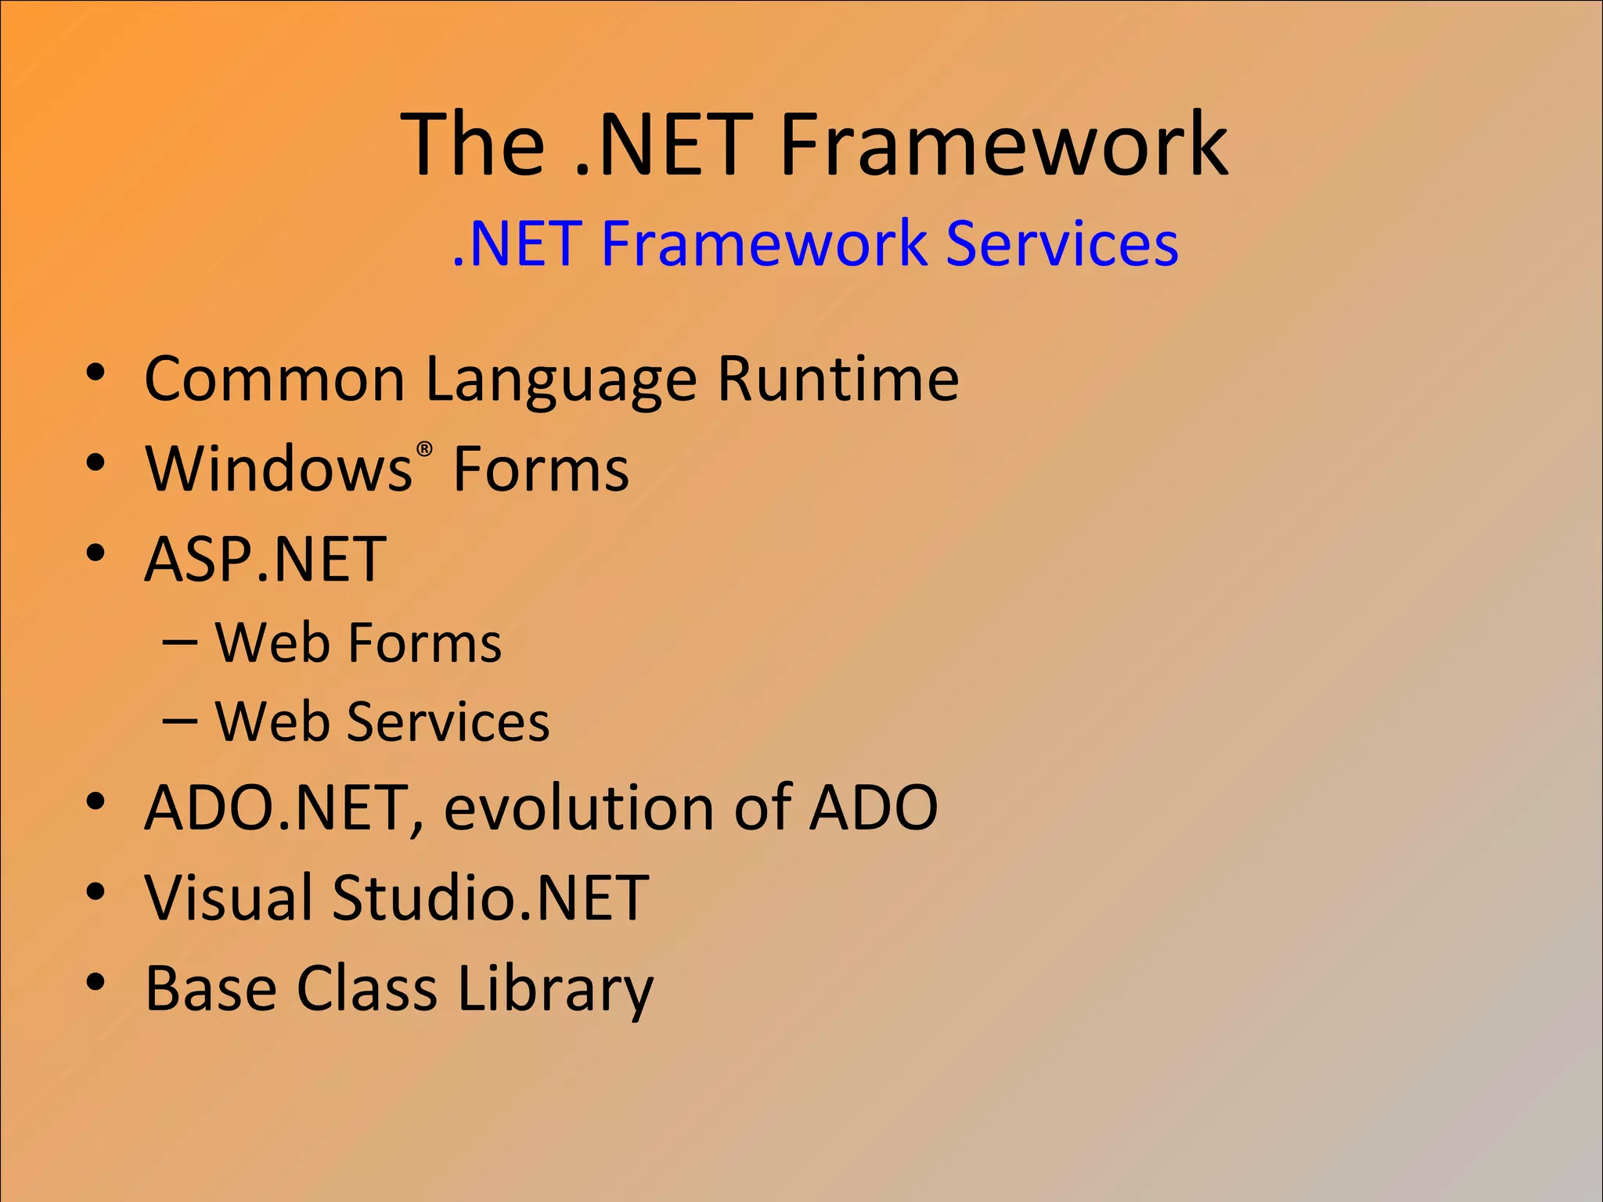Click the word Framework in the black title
coord(1003,145)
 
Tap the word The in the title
coord(473,145)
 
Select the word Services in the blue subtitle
coord(1061,244)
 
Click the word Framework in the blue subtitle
coord(764,244)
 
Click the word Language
coord(560,381)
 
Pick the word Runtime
coord(838,380)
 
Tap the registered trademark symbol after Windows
coord(424,449)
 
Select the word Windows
coord(279,470)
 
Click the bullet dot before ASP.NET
coord(95,552)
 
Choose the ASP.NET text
coord(266,560)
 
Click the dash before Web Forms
coord(180,642)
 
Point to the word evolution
coord(578,808)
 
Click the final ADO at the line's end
coord(874,808)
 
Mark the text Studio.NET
coord(491,898)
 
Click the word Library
coord(555,990)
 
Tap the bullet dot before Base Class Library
coord(95,982)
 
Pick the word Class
coord(366,988)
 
